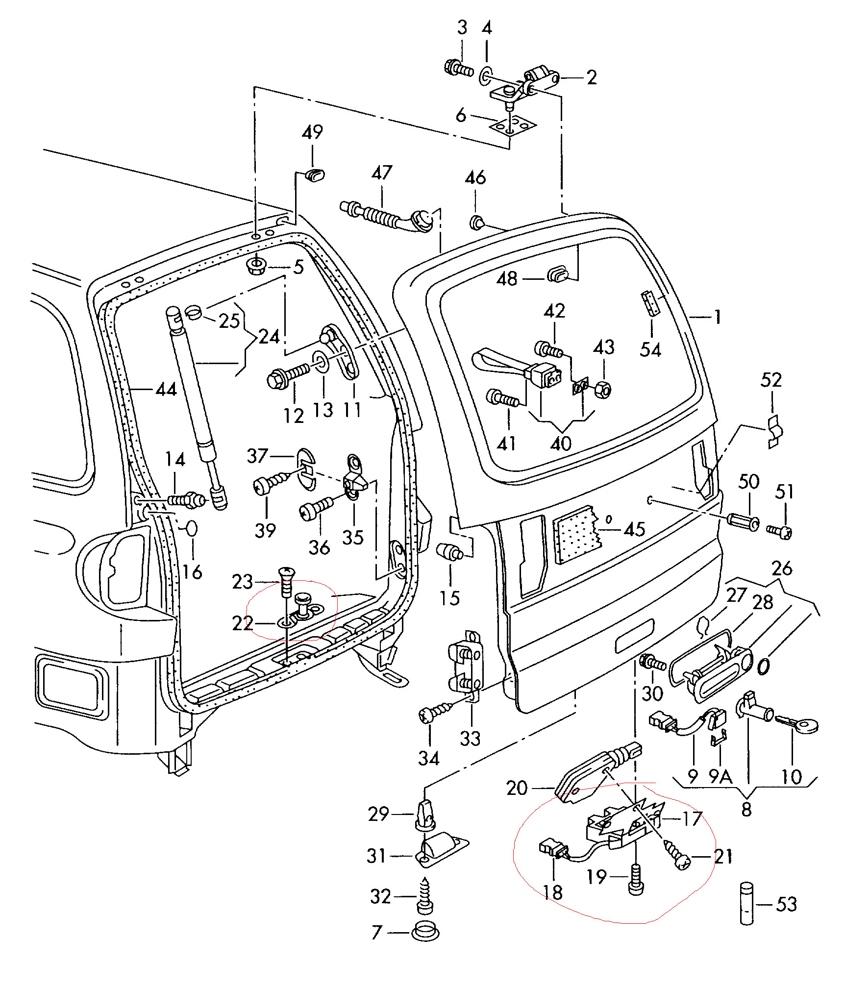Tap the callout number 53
786,904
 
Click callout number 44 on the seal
166,390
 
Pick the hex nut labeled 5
256,265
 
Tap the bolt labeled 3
458,68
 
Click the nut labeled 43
603,390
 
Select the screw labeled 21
677,855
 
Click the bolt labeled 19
636,880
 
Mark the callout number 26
782,568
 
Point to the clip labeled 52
775,432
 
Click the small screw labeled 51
779,531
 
